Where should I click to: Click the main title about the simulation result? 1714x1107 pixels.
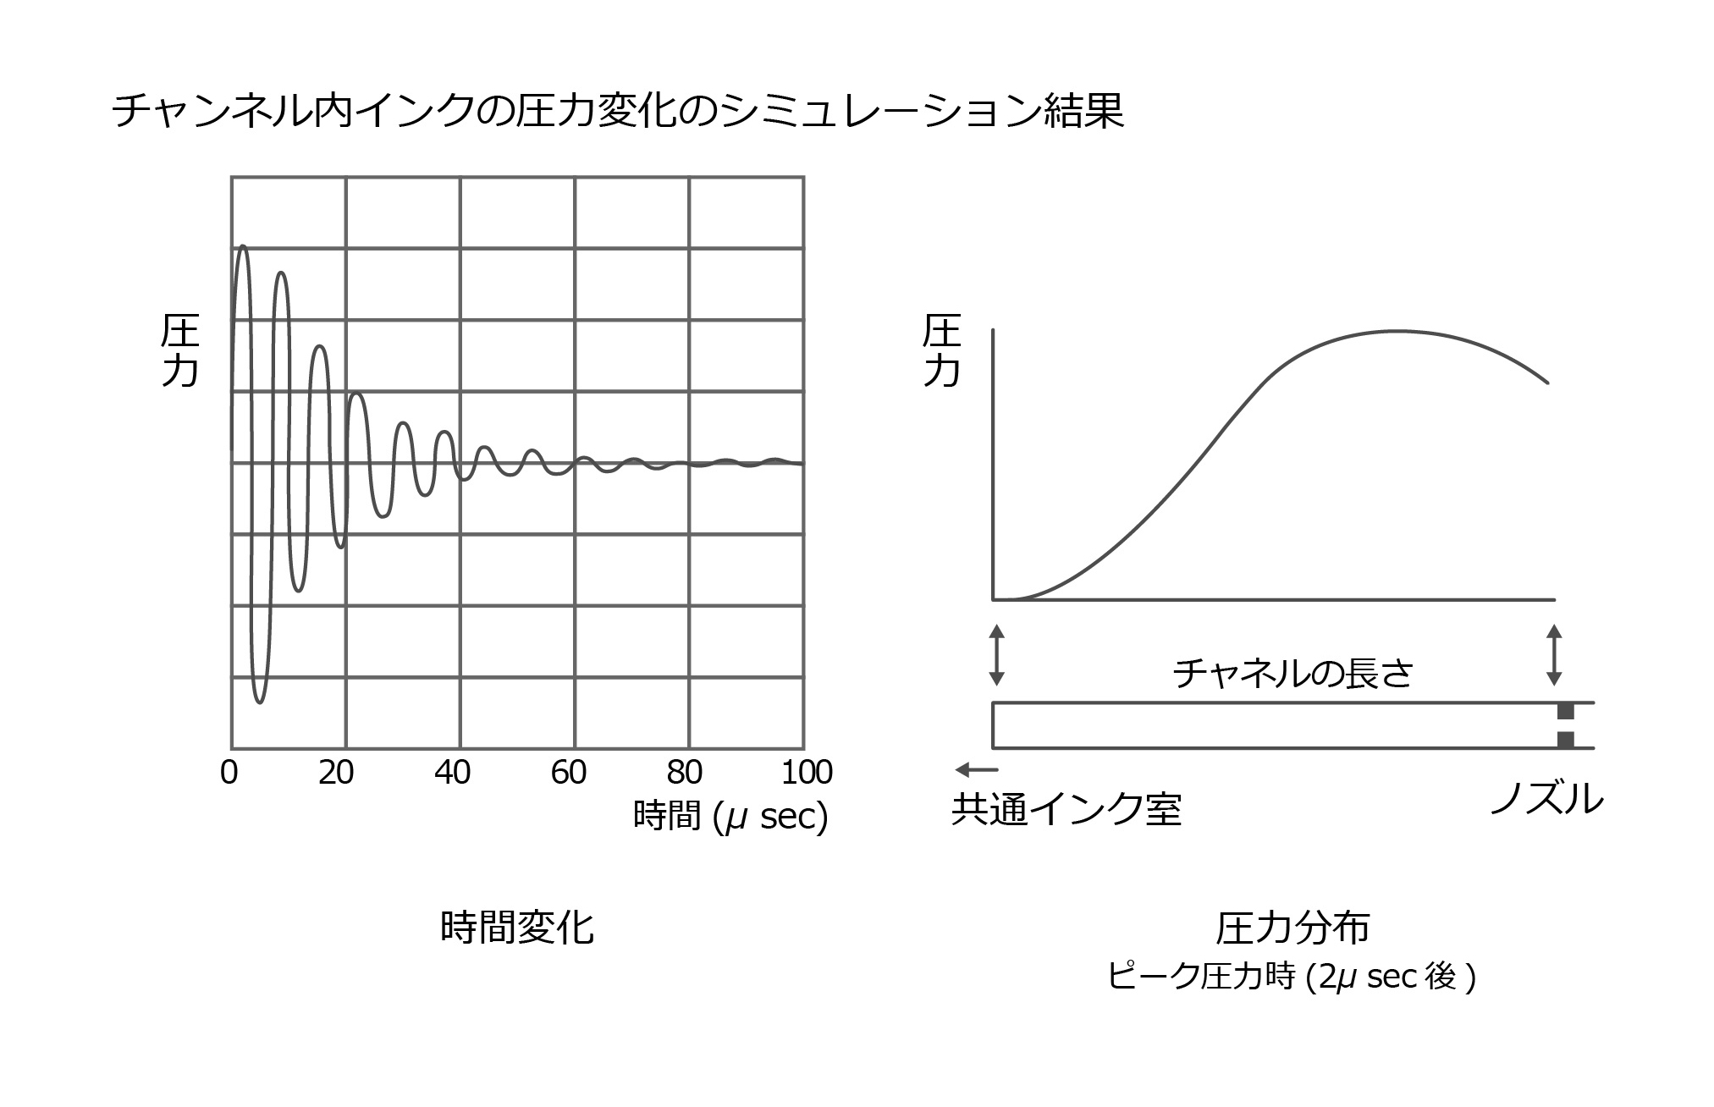[x=618, y=111]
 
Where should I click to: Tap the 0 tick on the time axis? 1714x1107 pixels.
[x=229, y=773]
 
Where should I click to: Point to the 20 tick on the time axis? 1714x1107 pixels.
[x=336, y=773]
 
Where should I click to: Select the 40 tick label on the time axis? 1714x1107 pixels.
[x=452, y=773]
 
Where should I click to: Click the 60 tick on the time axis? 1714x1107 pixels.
[x=568, y=773]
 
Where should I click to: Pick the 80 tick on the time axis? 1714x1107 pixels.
[x=684, y=773]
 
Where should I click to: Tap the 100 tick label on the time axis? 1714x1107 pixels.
[x=807, y=773]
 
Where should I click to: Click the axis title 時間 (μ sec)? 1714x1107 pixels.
[x=730, y=817]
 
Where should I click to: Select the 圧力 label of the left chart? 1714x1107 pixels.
[x=179, y=350]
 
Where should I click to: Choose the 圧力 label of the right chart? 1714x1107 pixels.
[x=941, y=350]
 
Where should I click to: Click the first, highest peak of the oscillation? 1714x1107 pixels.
[x=243, y=247]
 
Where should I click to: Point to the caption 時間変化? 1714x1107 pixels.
[x=517, y=928]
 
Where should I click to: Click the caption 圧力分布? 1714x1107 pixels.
[x=1292, y=928]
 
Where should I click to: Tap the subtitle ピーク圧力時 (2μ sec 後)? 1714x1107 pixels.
[x=1292, y=978]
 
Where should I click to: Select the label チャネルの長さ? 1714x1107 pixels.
[x=1292, y=674]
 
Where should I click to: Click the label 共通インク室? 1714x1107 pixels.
[x=1066, y=810]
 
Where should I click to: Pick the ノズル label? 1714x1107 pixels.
[x=1547, y=798]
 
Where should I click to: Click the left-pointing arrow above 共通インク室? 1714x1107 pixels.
[x=976, y=769]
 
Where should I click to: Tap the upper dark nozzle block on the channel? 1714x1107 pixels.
[x=1566, y=712]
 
